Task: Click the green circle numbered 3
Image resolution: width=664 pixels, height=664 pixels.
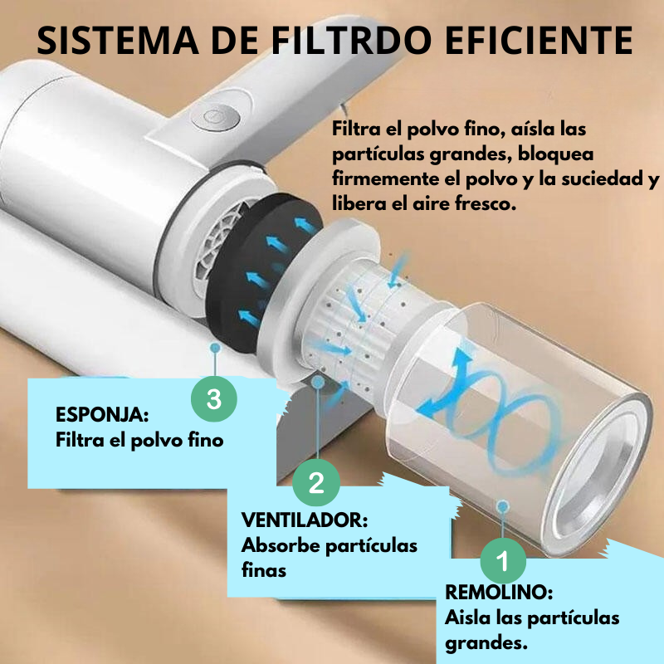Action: pos(214,399)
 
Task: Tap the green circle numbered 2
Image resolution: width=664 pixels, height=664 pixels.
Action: pos(316,482)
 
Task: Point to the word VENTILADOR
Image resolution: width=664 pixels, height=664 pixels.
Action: pos(304,520)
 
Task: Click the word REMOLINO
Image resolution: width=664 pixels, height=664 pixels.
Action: pos(498,593)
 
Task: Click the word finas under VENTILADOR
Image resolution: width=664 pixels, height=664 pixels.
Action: pos(263,570)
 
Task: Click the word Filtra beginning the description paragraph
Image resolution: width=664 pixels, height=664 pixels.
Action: pos(355,131)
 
